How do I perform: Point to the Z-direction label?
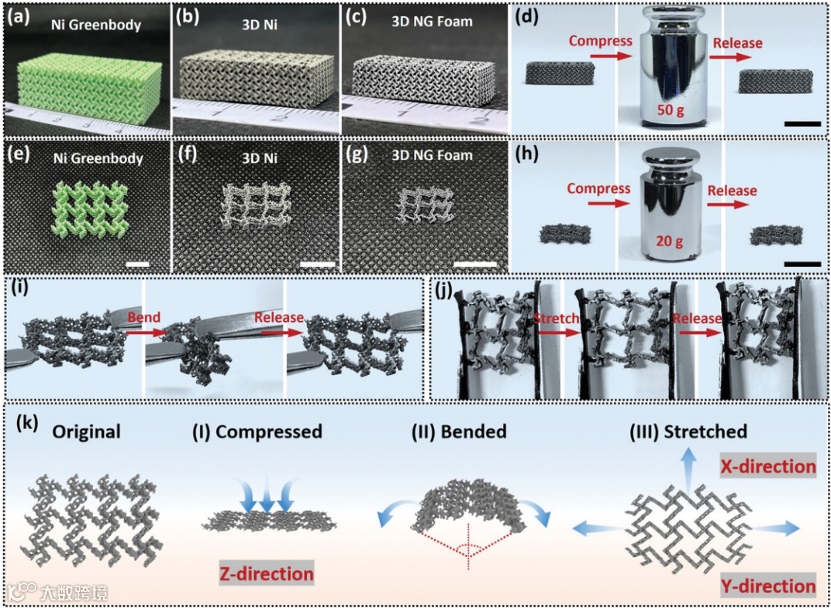tap(266, 573)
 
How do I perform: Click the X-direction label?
tap(767, 466)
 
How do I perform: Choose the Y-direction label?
tap(768, 586)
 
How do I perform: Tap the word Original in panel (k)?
tap(86, 432)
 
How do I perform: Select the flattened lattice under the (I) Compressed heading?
tap(269, 522)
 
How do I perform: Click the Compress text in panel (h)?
tap(599, 189)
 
